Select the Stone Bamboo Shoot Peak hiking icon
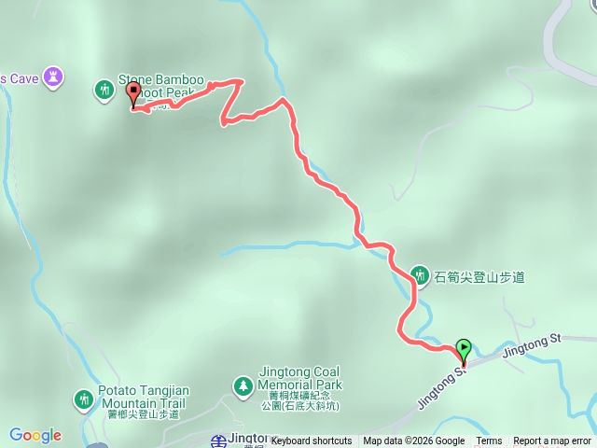pos(104,90)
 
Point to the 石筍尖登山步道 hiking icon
pos(420,275)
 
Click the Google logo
pos(35,435)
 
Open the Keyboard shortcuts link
pos(312,441)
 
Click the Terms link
pos(489,441)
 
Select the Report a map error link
pos(552,441)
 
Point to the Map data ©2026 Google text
pos(413,441)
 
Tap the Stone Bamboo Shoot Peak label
pos(161,86)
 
